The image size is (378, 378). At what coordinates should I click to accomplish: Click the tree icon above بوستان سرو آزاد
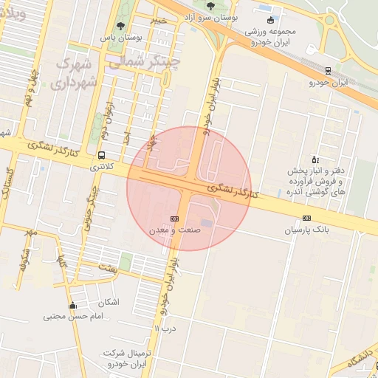210,6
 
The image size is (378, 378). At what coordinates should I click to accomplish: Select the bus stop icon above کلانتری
101,156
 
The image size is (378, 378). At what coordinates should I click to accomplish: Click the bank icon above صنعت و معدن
175,219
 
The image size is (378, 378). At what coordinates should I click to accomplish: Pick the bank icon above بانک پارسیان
307,218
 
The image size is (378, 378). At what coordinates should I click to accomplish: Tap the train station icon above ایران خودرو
328,72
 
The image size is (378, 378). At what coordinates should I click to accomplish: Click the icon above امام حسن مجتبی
72,306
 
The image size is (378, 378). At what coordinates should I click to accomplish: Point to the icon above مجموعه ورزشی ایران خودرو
272,21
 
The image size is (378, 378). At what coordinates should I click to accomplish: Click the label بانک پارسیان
307,230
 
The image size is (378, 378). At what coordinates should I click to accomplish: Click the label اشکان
109,303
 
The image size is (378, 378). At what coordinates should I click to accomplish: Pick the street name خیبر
159,20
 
